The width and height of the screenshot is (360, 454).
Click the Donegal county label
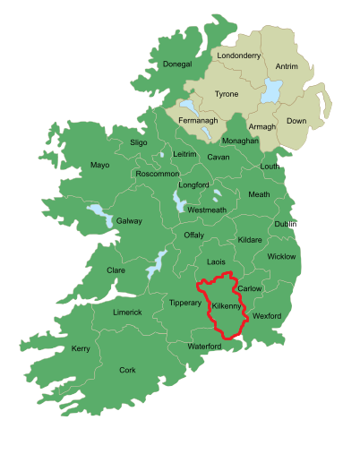click(178, 64)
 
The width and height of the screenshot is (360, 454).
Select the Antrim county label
click(287, 65)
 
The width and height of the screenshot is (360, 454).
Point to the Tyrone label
click(227, 94)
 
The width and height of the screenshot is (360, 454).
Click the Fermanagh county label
click(198, 121)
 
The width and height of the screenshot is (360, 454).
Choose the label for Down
click(296, 120)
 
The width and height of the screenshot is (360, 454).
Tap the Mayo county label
click(99, 165)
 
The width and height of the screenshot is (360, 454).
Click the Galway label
click(129, 220)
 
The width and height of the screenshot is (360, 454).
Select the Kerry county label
click(81, 348)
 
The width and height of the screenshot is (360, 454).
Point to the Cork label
click(128, 370)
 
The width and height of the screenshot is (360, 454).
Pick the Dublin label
click(286, 224)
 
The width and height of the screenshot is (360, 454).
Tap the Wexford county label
click(267, 316)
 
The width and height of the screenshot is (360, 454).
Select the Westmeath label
click(207, 210)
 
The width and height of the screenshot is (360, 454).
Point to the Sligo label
click(138, 142)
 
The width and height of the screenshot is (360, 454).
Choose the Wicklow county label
click(281, 257)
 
